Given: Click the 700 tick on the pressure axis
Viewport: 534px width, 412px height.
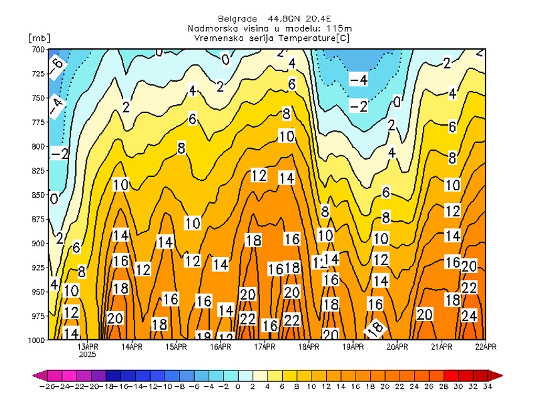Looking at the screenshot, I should (37, 49).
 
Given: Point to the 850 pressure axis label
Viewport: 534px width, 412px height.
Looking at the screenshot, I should (37, 195).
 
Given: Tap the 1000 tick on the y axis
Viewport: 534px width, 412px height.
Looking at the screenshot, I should (36, 340).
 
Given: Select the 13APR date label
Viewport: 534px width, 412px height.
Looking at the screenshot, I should (88, 346).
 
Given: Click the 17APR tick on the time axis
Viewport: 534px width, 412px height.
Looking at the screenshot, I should (265, 346).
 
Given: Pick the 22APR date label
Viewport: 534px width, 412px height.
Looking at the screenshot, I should (486, 346).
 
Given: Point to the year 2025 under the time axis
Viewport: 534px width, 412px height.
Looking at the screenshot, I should (88, 354).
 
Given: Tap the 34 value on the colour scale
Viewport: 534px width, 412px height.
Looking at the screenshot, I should (488, 387).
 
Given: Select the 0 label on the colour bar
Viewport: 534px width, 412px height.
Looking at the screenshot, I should (237, 387).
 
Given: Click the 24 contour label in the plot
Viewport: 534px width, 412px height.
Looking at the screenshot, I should (469, 316).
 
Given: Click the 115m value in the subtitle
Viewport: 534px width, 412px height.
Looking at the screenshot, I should (340, 29).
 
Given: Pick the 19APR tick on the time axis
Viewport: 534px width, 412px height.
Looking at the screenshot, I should (354, 346).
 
